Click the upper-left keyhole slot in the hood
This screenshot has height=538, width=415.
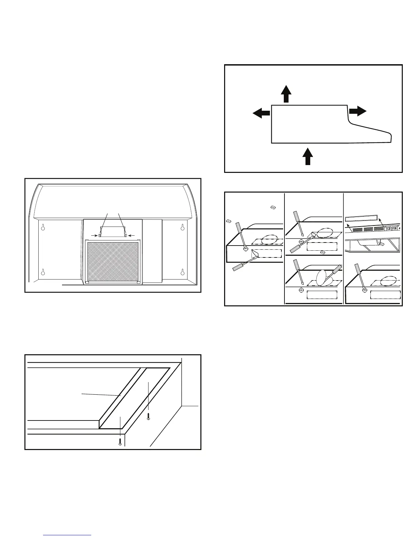43,227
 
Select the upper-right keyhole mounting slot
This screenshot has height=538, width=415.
182,227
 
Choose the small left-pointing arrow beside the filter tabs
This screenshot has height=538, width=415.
131,235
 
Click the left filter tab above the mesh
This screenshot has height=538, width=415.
100,235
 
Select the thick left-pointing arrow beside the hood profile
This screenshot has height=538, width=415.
261,113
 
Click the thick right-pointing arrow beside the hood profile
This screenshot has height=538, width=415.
358,111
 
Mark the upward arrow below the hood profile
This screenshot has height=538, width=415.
308,156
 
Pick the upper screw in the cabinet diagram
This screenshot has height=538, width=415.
149,416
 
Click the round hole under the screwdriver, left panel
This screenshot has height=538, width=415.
246,249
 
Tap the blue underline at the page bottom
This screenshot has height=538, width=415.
67,535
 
